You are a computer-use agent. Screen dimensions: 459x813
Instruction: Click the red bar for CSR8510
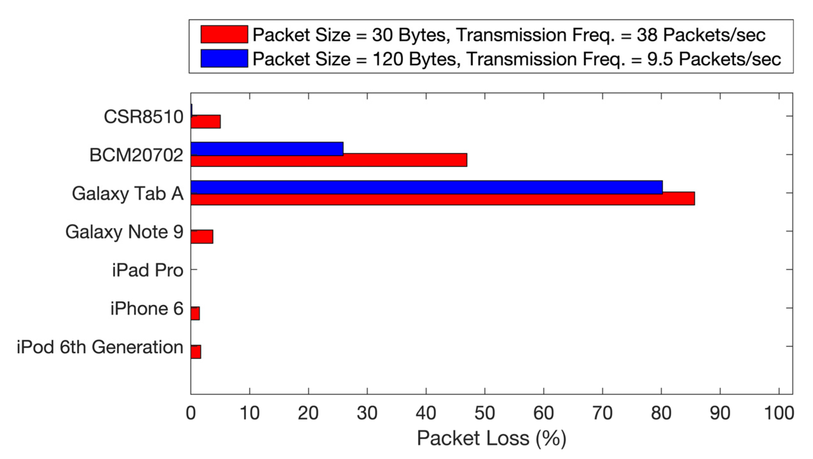[206, 122]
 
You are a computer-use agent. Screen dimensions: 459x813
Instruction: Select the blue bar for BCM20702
[267, 149]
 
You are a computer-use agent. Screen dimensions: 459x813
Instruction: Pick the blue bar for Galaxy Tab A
[427, 187]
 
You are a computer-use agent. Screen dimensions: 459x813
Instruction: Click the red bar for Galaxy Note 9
[202, 237]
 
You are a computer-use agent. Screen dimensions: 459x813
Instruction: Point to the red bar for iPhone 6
[195, 313]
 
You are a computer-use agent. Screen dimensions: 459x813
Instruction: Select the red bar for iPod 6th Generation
[196, 352]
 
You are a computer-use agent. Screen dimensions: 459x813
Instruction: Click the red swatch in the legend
[224, 34]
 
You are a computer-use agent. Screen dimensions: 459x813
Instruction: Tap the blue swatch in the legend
[224, 58]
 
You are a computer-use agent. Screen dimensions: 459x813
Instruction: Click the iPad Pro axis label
[147, 270]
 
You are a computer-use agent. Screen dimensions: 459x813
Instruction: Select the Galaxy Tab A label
[128, 193]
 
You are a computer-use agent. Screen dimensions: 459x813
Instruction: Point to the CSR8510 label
[143, 117]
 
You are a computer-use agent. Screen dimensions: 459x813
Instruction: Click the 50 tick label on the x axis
[485, 413]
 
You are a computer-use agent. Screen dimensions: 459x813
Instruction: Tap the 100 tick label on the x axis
[779, 413]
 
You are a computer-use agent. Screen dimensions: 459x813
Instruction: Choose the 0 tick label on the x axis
[191, 413]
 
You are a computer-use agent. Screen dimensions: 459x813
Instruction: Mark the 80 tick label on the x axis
[661, 413]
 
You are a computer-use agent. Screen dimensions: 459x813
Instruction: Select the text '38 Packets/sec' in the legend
[701, 35]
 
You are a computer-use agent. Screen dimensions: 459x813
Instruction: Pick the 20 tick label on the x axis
[308, 413]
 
